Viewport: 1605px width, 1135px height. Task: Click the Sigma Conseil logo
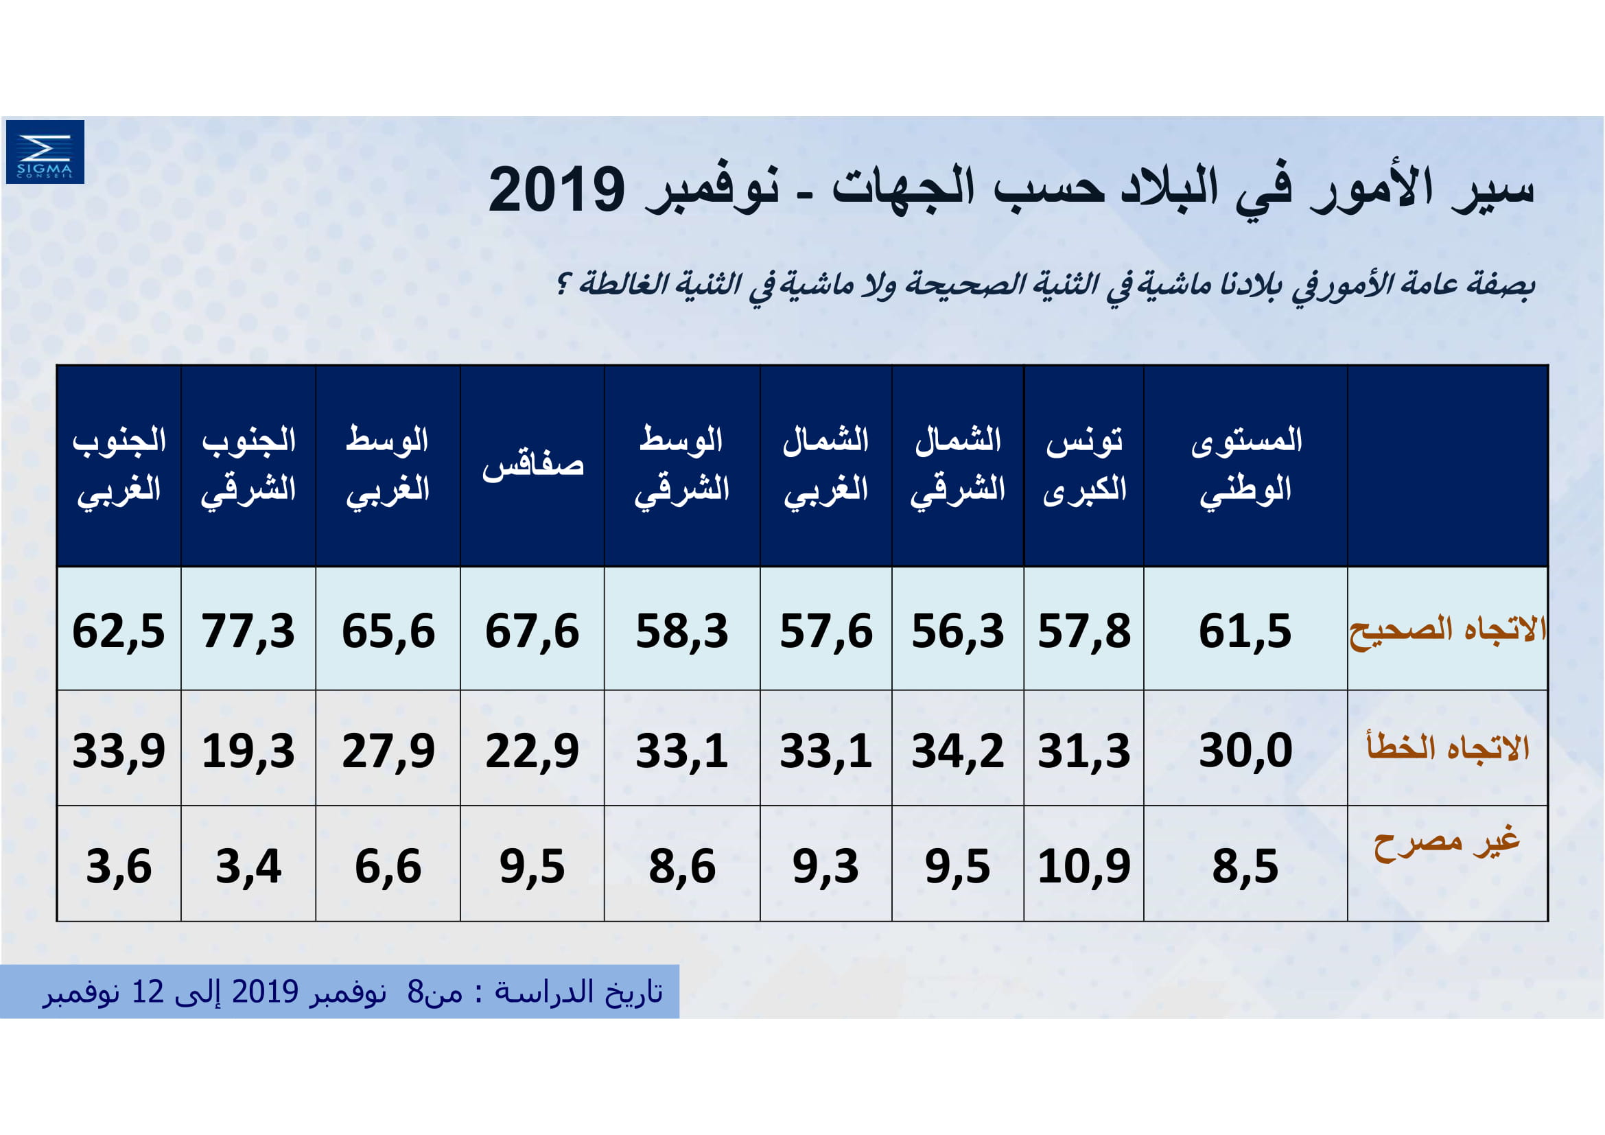tap(45, 152)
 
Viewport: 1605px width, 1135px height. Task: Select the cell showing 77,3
tap(248, 631)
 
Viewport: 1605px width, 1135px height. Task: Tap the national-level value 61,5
tap(1245, 631)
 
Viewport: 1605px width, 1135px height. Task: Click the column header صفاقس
tap(532, 466)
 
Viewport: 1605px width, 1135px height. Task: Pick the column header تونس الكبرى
tap(1084, 465)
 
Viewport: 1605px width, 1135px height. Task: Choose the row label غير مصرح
tap(1446, 843)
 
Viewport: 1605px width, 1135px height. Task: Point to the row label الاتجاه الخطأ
tap(1448, 748)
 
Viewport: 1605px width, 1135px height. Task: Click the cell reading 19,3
tap(248, 751)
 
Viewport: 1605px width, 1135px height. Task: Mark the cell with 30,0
tap(1245, 751)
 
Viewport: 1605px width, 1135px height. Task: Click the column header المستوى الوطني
tap(1245, 465)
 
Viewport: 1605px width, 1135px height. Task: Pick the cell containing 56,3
tap(958, 631)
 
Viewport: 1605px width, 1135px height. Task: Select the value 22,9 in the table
tap(532, 751)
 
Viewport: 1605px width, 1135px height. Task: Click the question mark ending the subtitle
tap(563, 285)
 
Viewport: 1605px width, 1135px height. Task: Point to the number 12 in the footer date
tap(148, 992)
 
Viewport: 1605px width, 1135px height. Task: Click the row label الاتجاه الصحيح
tap(1448, 630)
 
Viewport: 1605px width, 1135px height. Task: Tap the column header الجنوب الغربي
tap(119, 465)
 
